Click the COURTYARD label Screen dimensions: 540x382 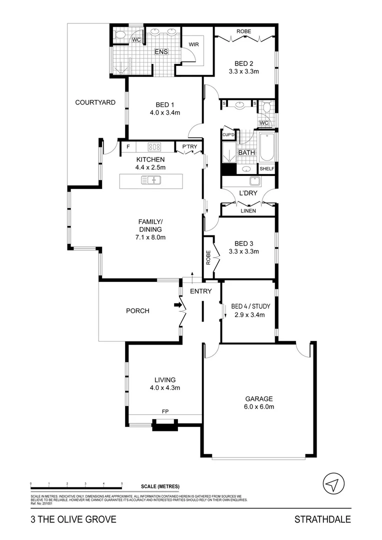(95, 102)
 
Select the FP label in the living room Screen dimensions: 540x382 (165, 411)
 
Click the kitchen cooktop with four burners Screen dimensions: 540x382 (155, 147)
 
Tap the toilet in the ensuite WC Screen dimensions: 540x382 (119, 35)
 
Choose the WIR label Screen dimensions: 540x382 (194, 44)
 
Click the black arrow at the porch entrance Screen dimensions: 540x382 (177, 304)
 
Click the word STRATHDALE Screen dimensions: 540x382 (322, 519)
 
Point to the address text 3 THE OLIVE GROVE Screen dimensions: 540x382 (73, 519)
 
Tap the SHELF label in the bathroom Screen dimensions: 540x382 (266, 169)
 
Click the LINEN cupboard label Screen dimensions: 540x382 (248, 211)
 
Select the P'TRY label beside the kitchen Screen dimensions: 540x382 (189, 146)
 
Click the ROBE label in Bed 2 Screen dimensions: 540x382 (243, 31)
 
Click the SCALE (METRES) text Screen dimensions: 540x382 (160, 486)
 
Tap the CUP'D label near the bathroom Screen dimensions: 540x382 (228, 135)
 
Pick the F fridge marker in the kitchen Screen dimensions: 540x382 (128, 147)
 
